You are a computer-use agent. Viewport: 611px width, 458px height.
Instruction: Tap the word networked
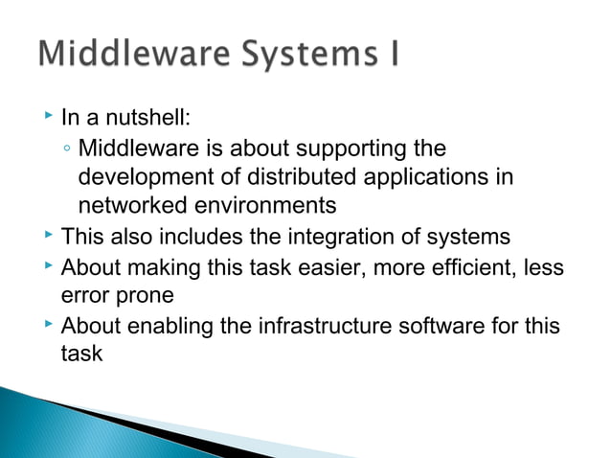point(125,206)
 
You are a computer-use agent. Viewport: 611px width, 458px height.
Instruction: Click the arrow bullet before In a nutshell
point(48,119)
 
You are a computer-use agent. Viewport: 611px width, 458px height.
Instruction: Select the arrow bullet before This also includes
point(48,235)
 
